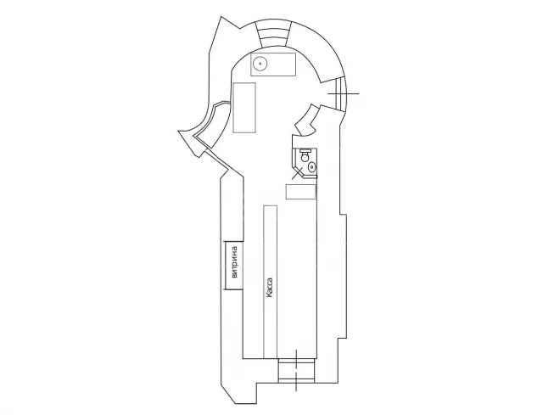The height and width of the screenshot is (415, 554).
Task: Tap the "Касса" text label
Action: click(x=270, y=288)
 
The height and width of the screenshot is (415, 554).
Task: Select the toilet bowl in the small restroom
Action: click(x=305, y=154)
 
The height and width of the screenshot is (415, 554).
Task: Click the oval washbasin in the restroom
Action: click(x=312, y=166)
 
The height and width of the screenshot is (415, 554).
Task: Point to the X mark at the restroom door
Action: click(x=298, y=173)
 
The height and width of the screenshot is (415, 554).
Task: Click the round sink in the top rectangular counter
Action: click(x=260, y=64)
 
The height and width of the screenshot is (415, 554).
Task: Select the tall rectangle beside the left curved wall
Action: click(x=244, y=108)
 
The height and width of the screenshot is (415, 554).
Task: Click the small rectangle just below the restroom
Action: click(x=300, y=192)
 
